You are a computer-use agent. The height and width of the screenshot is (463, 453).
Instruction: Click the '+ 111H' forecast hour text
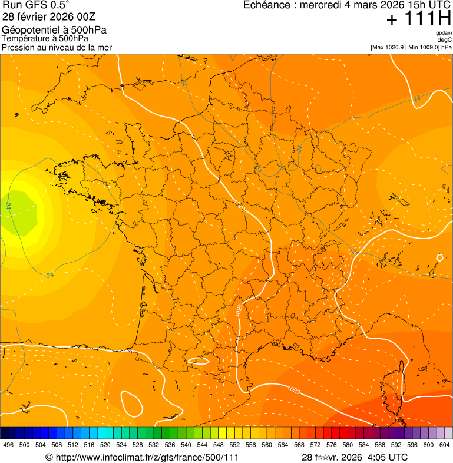tap(418, 19)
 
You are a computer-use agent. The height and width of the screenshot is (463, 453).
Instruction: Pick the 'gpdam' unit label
tap(444, 34)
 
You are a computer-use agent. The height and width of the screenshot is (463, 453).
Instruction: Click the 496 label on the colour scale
tap(8, 445)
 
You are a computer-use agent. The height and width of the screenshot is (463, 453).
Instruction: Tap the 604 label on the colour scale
tap(445, 445)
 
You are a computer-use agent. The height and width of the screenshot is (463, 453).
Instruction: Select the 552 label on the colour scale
tap(234, 445)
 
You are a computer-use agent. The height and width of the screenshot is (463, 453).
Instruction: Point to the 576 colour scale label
tap(332, 445)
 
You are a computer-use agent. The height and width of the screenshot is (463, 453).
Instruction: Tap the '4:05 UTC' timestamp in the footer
tap(387, 457)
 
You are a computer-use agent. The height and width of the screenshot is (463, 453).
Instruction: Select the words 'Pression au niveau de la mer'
tap(57, 47)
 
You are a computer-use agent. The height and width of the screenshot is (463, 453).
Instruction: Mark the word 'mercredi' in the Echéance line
tap(318, 5)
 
